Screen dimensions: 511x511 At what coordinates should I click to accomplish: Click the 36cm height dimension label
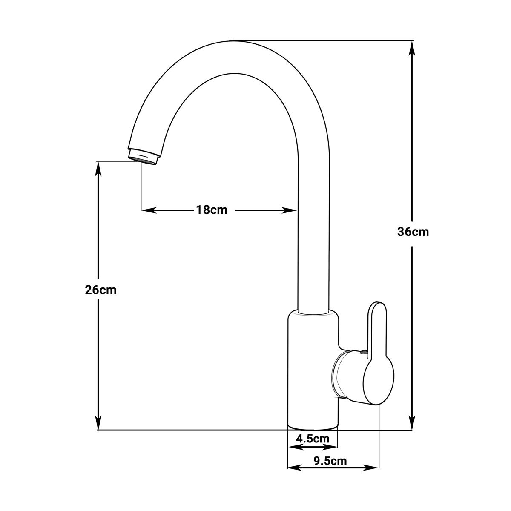(x=413, y=232)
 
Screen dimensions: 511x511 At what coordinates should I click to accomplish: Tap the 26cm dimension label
(x=101, y=290)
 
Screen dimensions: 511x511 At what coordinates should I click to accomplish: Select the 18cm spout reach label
(x=212, y=210)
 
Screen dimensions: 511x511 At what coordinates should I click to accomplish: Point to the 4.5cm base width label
(x=313, y=439)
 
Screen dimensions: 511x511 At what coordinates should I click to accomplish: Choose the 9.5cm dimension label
(x=330, y=461)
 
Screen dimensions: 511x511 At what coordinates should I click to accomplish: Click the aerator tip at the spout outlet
(x=143, y=157)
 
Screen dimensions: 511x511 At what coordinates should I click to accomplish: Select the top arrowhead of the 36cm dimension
(x=411, y=48)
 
